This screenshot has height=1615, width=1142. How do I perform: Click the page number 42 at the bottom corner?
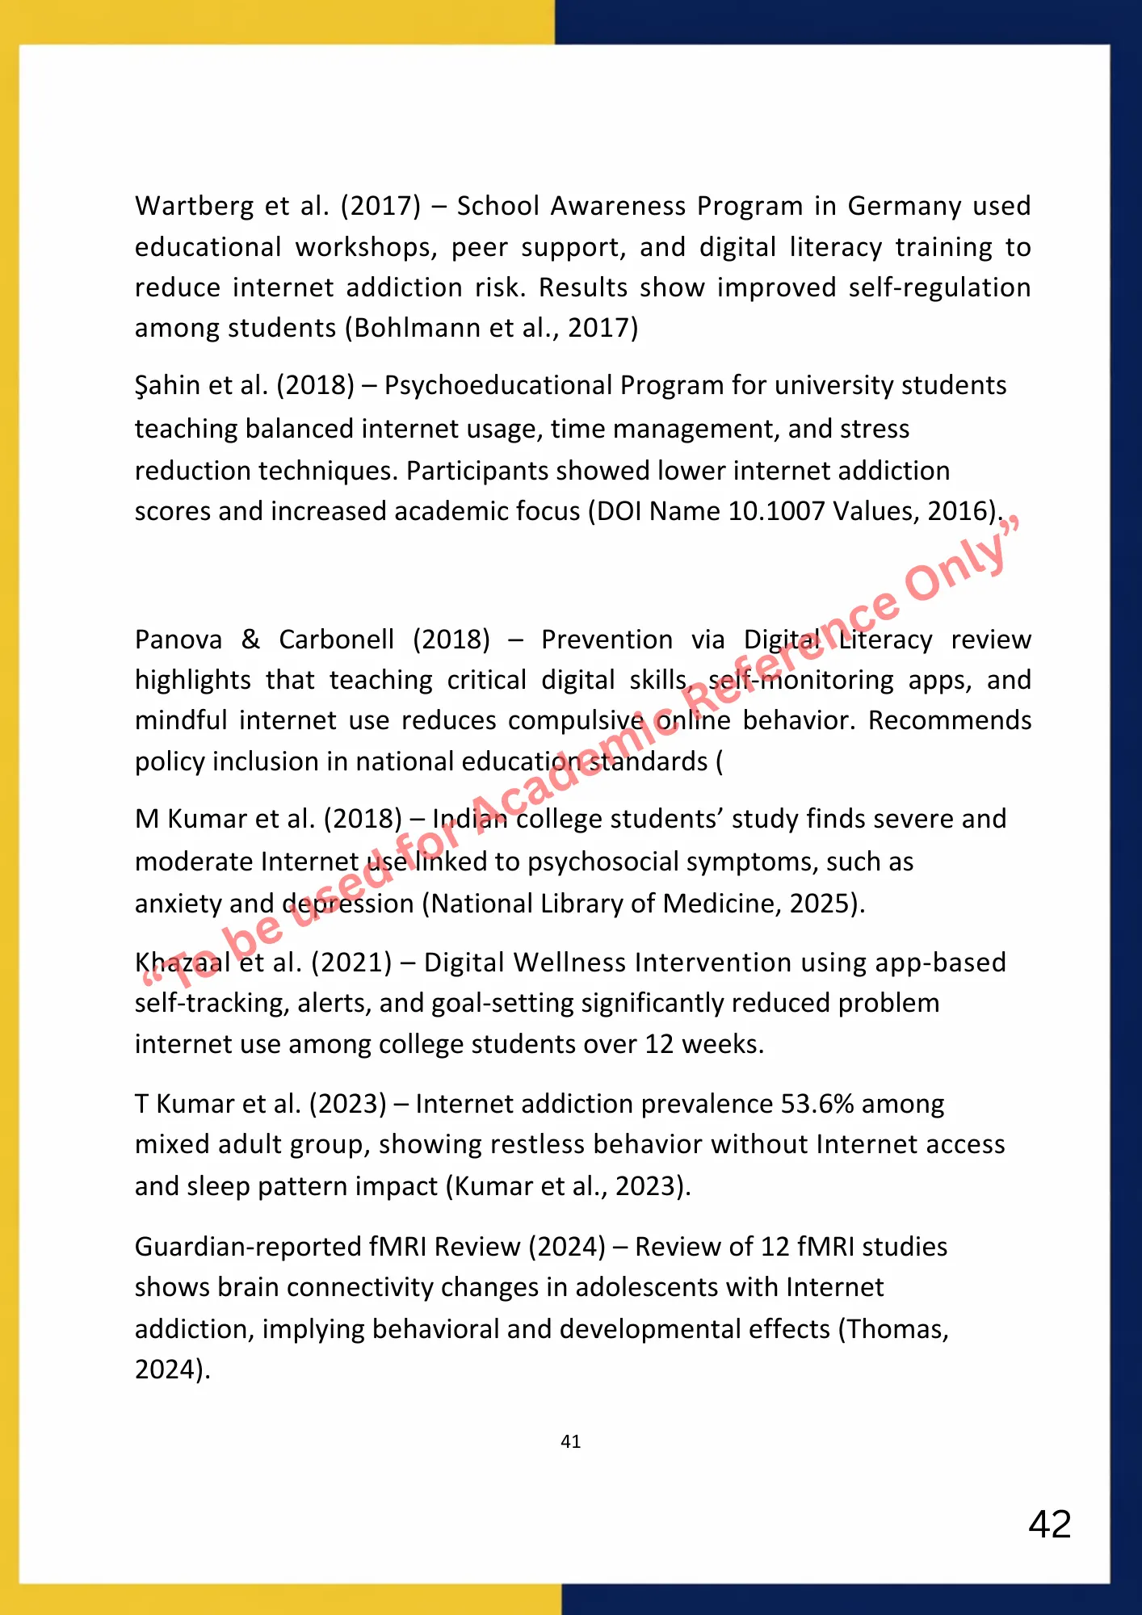pyautogui.click(x=1049, y=1525)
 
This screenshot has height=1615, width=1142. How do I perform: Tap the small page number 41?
pyautogui.click(x=570, y=1441)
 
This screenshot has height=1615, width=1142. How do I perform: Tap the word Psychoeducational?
pyautogui.click(x=497, y=386)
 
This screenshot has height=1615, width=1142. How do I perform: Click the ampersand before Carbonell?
pyautogui.click(x=250, y=640)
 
